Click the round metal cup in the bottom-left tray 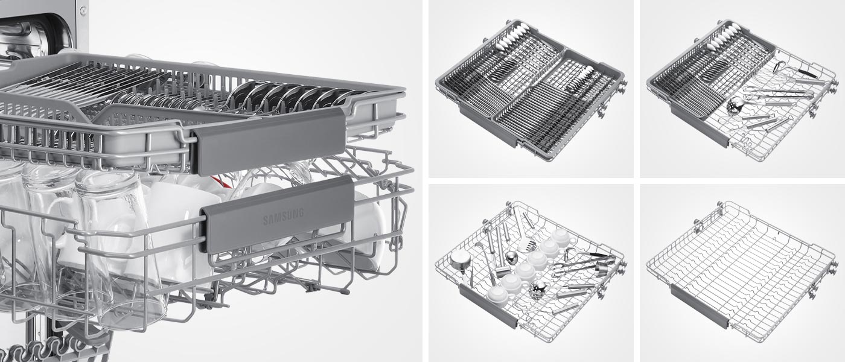(459, 262)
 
